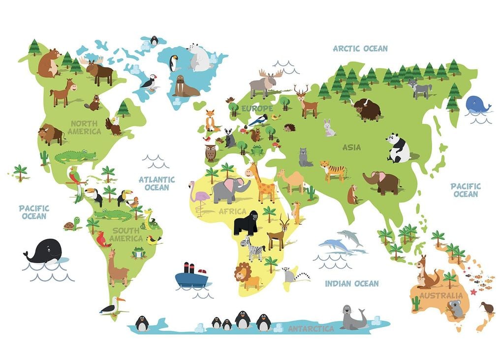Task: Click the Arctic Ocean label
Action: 360,49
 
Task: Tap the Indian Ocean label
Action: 351,283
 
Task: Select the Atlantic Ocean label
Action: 156,183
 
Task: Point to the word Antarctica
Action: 311,328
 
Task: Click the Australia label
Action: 441,296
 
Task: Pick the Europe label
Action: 256,108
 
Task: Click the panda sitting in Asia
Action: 398,148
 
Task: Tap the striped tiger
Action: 333,170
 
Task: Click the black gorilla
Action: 245,223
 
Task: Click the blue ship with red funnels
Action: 191,277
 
